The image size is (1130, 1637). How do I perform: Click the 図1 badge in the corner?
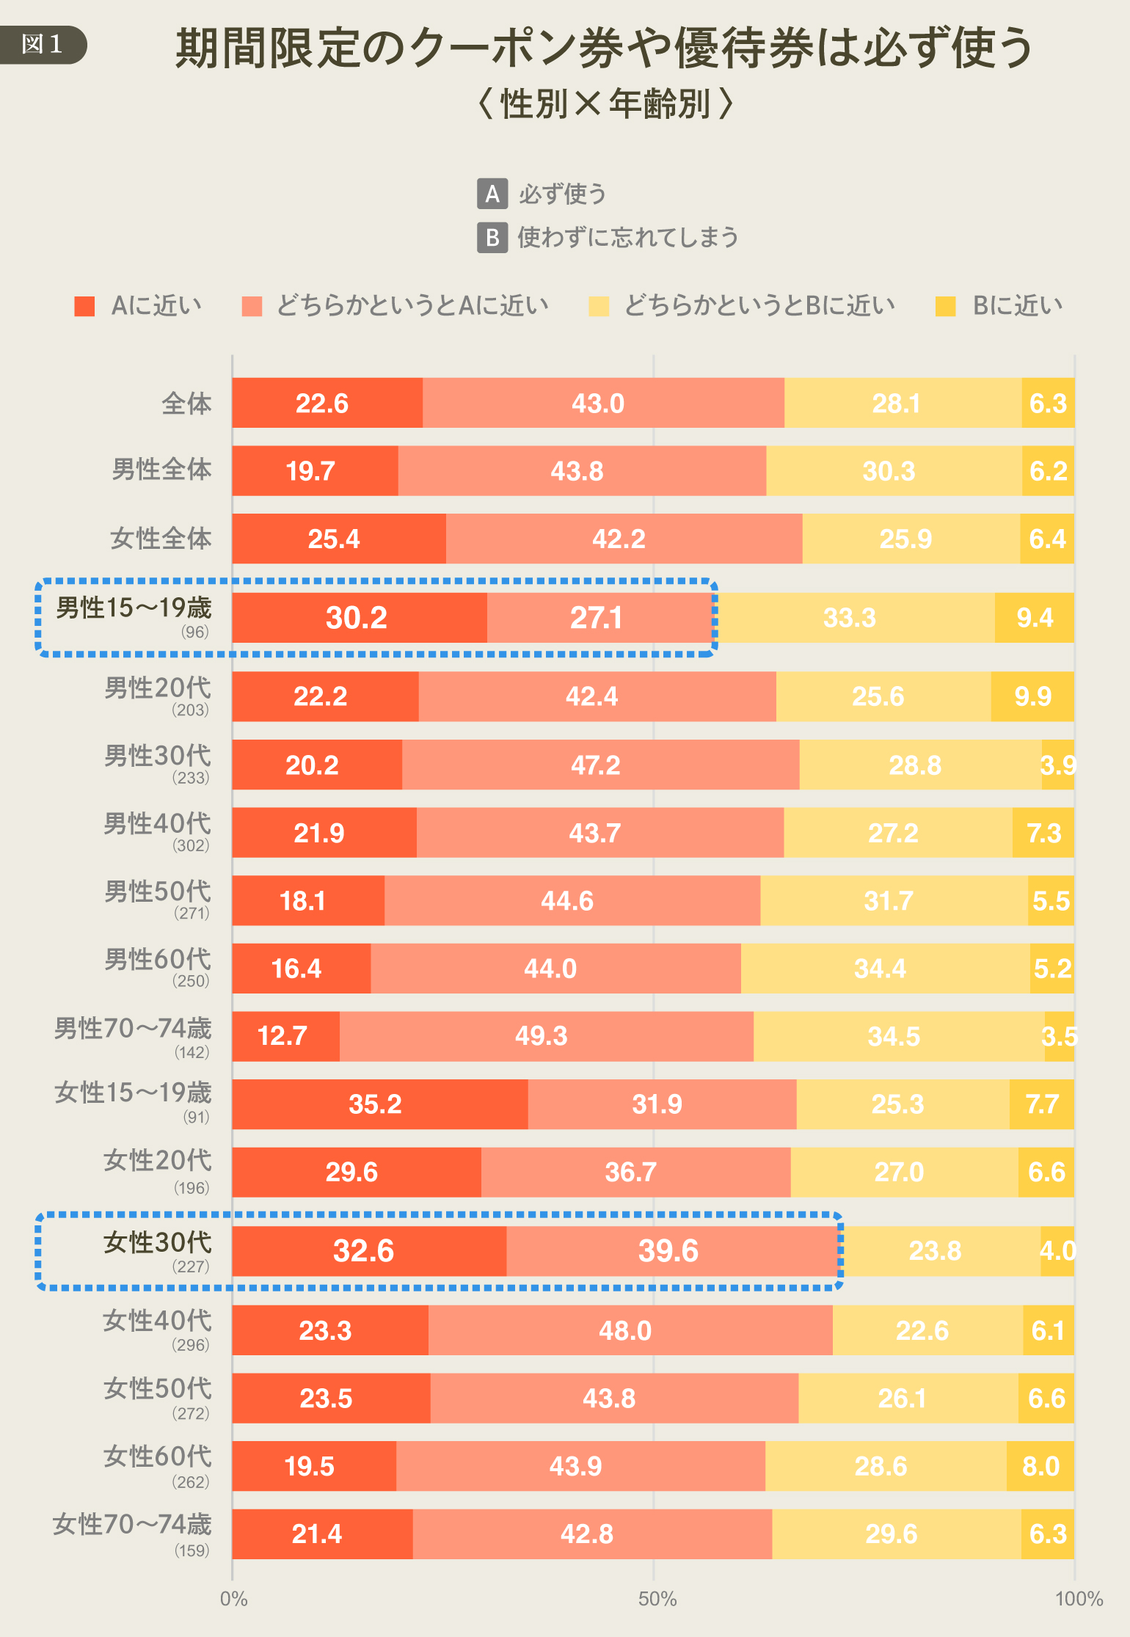pos(43,44)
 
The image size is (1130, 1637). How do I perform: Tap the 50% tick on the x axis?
pos(657,1599)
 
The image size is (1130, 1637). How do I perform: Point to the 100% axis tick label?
pos(1079,1599)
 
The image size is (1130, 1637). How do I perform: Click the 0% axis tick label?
pos(233,1599)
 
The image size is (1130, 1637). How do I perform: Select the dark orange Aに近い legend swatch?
pos(84,306)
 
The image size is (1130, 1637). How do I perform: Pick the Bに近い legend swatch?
pos(945,306)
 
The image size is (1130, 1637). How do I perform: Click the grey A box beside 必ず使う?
pos(492,194)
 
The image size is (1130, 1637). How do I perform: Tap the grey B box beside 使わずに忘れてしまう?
pos(492,238)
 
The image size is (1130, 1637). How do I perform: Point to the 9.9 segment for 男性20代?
pos(1032,696)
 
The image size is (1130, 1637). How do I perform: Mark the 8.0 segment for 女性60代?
pos(1040,1466)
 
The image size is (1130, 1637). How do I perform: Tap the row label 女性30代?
pos(157,1242)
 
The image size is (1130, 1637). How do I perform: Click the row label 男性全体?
pos(161,470)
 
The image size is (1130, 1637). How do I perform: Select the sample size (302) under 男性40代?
pos(191,845)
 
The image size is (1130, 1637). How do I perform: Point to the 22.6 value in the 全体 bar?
pos(321,404)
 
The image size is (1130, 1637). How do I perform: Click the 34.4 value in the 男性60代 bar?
pos(880,969)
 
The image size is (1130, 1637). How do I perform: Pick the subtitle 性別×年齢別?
pos(605,103)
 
